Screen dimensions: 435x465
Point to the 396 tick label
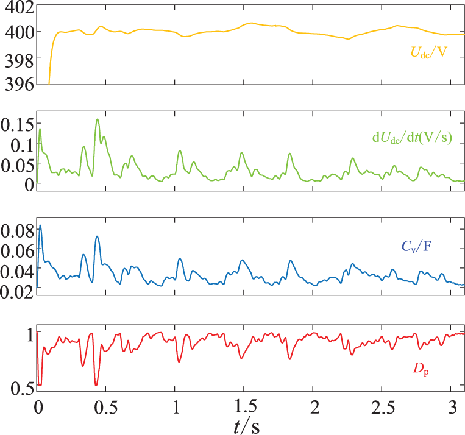point(17,84)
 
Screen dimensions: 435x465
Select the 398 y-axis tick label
point(17,58)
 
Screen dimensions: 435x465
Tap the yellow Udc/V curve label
point(428,54)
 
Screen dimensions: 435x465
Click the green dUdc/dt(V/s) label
point(412,137)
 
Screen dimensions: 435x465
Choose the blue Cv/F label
point(416,247)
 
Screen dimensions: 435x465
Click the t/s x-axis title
point(246,425)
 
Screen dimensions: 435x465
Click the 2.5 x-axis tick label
point(382,405)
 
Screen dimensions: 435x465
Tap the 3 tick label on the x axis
point(452,405)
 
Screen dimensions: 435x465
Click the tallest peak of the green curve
point(97,119)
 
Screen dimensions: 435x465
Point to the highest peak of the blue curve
point(40,225)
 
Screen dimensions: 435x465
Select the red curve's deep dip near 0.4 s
point(96,384)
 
